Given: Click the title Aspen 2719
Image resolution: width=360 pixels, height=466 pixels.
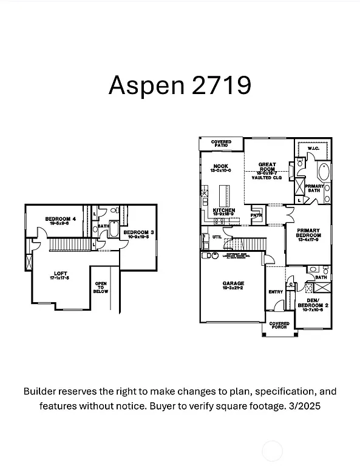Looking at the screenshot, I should point(180,85).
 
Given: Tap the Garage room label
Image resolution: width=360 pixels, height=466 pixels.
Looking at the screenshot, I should point(233,283).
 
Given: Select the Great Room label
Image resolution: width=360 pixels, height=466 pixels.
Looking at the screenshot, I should point(267,164).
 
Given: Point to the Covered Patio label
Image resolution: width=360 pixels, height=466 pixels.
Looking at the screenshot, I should point(221,144).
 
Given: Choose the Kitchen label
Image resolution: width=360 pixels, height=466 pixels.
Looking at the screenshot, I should point(224,211).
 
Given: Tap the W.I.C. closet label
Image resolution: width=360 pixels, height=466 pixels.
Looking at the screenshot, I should point(313,148).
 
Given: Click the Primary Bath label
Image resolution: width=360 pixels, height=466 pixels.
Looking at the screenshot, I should point(314,188).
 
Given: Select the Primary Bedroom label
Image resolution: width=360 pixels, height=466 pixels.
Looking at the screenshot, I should point(308,232).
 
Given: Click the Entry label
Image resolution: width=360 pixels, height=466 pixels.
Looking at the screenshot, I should point(276,292).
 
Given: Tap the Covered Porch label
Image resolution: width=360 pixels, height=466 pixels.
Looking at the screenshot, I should point(279,326).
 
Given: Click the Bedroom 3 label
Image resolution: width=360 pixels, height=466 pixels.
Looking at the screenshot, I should point(137,232).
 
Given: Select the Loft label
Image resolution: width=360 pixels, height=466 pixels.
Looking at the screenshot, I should point(60,274).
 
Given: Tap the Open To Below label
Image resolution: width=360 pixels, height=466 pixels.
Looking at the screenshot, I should point(101,287).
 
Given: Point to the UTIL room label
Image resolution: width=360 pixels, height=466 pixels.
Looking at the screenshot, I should point(217,237).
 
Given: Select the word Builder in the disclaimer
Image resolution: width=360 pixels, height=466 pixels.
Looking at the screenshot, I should point(42,391).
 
